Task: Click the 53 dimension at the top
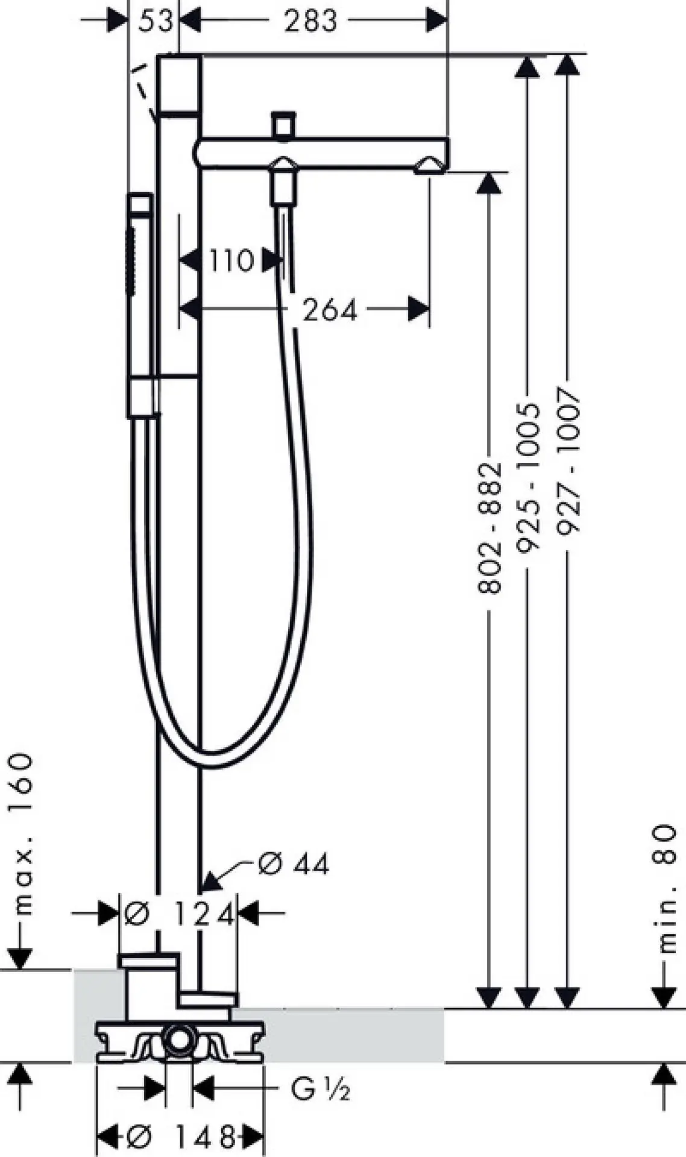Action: coord(156,22)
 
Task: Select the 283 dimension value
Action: coord(311,22)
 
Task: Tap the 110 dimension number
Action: coord(231,261)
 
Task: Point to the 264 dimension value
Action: coord(329,310)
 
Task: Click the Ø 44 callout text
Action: coord(294,864)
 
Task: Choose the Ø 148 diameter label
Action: coord(181,1137)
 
